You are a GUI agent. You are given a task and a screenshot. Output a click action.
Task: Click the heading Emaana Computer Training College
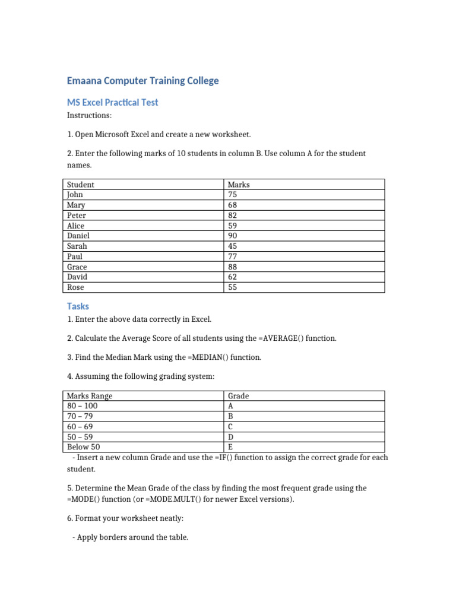click(142, 81)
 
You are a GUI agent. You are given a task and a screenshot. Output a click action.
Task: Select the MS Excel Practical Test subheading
click(112, 102)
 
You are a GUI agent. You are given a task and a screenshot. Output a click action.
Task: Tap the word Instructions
click(89, 115)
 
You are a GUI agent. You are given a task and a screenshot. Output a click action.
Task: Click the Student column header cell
click(81, 185)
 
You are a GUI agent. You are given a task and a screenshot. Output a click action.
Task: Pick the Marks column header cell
click(239, 185)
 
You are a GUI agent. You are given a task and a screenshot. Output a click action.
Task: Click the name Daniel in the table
click(78, 236)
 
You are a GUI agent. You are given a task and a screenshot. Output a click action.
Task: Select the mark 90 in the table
click(233, 236)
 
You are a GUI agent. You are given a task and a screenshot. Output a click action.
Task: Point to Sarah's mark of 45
click(233, 246)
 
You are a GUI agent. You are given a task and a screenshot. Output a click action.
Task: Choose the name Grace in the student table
click(77, 267)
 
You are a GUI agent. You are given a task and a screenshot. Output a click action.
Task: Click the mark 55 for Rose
click(233, 287)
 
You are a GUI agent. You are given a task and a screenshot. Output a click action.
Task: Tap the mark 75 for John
click(233, 195)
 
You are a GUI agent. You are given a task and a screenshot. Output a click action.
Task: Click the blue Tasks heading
click(78, 306)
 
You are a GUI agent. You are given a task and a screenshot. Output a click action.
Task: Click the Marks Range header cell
click(90, 396)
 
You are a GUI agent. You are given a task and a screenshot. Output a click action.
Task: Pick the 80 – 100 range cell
click(83, 406)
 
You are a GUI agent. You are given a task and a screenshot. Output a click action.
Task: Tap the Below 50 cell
click(84, 447)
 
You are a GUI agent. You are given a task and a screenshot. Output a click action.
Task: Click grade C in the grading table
click(231, 427)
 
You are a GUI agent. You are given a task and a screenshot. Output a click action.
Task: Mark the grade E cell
click(230, 447)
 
